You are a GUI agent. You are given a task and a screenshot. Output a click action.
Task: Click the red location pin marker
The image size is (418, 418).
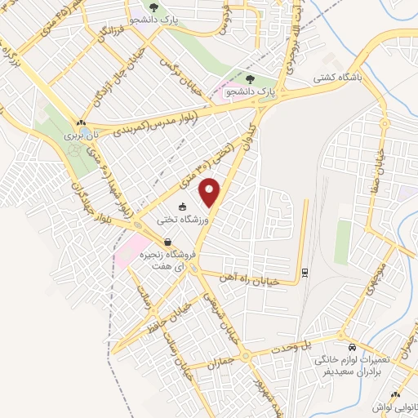coord(211,193)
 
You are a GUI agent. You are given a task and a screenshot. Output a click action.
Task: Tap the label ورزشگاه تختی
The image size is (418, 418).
coord(187,220)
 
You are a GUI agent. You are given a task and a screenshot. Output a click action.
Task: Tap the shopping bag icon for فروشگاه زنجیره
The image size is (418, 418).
coord(167,242)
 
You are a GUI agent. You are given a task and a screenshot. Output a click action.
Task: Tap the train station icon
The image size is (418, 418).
coord(305,273)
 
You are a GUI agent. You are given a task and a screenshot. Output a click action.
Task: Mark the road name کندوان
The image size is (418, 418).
coord(246,138)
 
